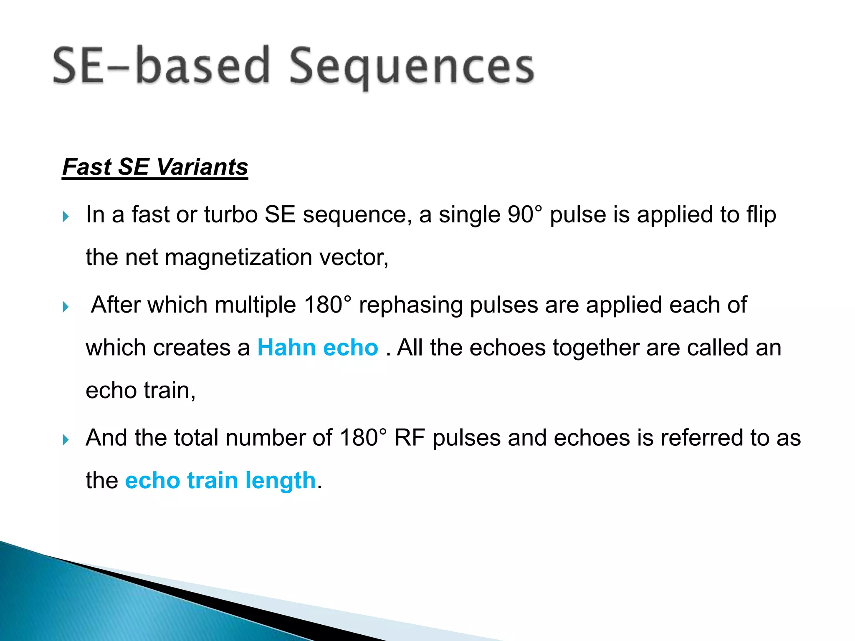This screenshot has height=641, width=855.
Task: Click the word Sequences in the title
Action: click(411, 67)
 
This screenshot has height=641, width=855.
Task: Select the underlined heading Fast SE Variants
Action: click(155, 167)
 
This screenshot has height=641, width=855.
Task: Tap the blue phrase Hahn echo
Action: click(318, 348)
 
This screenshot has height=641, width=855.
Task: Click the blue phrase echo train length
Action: click(220, 480)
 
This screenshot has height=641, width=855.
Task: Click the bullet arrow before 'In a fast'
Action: click(66, 217)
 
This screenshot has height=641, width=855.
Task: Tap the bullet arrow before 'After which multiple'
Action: click(66, 307)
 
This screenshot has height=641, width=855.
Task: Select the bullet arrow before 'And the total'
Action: click(66, 439)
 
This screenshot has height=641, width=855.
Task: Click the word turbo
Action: click(230, 215)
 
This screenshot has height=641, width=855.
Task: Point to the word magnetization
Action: click(239, 257)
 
